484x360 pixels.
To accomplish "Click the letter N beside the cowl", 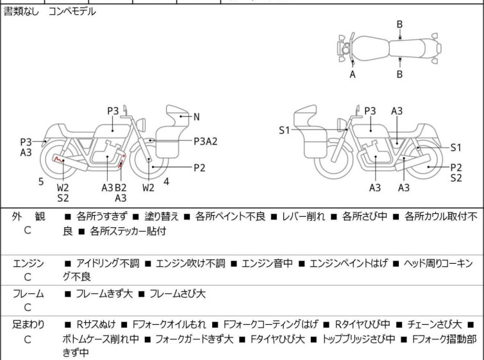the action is coord(197,117).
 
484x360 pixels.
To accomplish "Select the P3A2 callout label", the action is coord(205,141).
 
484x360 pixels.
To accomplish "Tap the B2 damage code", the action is coord(121,187).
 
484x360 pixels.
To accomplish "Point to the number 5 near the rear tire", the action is coord(41,182).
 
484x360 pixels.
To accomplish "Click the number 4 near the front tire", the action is coord(167,182).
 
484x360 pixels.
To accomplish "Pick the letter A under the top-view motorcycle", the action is coord(353,74).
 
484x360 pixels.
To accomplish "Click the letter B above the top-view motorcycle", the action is coord(399,24).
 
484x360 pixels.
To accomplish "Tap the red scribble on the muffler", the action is coord(58,159).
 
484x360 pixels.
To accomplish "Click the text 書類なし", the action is coord(21,12).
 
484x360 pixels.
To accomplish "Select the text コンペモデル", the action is coord(72,12).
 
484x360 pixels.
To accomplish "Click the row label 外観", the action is coord(28,216).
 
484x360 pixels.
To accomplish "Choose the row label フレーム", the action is coord(28,293).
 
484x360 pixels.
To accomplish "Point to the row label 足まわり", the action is coord(28,325).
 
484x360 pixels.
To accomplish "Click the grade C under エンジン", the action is coord(28,277).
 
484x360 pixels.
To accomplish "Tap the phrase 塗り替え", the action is coord(162,216).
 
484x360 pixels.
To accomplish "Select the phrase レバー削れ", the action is coord(303,216).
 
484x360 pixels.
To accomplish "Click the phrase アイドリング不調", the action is coord(108,263).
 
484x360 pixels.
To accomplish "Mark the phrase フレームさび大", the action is coord(178,293).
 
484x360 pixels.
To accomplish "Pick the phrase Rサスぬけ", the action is coord(96,325).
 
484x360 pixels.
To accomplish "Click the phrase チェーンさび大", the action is coord(434,325).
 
